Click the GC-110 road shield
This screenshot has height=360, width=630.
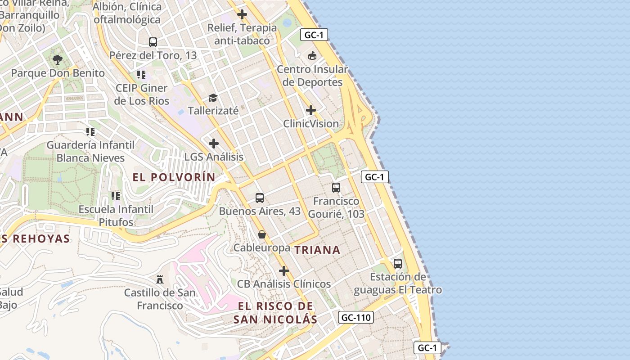pos(355,318)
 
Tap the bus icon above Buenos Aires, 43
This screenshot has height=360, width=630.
pos(260,198)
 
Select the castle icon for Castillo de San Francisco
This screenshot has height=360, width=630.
pos(160,279)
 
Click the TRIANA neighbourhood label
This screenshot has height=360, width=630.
pos(317,250)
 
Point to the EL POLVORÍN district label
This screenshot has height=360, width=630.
pos(174,177)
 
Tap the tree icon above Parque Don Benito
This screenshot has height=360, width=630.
pos(57,59)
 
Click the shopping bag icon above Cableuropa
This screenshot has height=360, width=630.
pos(262,234)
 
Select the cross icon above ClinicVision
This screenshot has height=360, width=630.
pos(311,110)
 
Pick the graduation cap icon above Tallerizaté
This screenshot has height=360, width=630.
pos(213,98)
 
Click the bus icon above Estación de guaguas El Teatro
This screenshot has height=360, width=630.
pos(398,264)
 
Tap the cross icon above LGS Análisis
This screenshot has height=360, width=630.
pos(214,144)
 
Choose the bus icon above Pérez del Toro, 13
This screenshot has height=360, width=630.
pos(153,42)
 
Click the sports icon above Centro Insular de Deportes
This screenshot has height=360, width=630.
pos(312,56)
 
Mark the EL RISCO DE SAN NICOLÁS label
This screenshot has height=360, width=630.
pos(275,313)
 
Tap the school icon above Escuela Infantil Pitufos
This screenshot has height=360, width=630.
pos(116,196)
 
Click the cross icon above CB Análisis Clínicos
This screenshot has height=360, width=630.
pos(284,271)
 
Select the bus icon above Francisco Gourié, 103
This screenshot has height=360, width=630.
pos(336,188)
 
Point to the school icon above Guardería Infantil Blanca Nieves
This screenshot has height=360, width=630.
pos(90,132)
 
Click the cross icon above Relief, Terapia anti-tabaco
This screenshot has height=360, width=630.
pos(242,14)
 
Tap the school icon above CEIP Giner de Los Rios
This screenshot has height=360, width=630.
pos(141,75)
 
